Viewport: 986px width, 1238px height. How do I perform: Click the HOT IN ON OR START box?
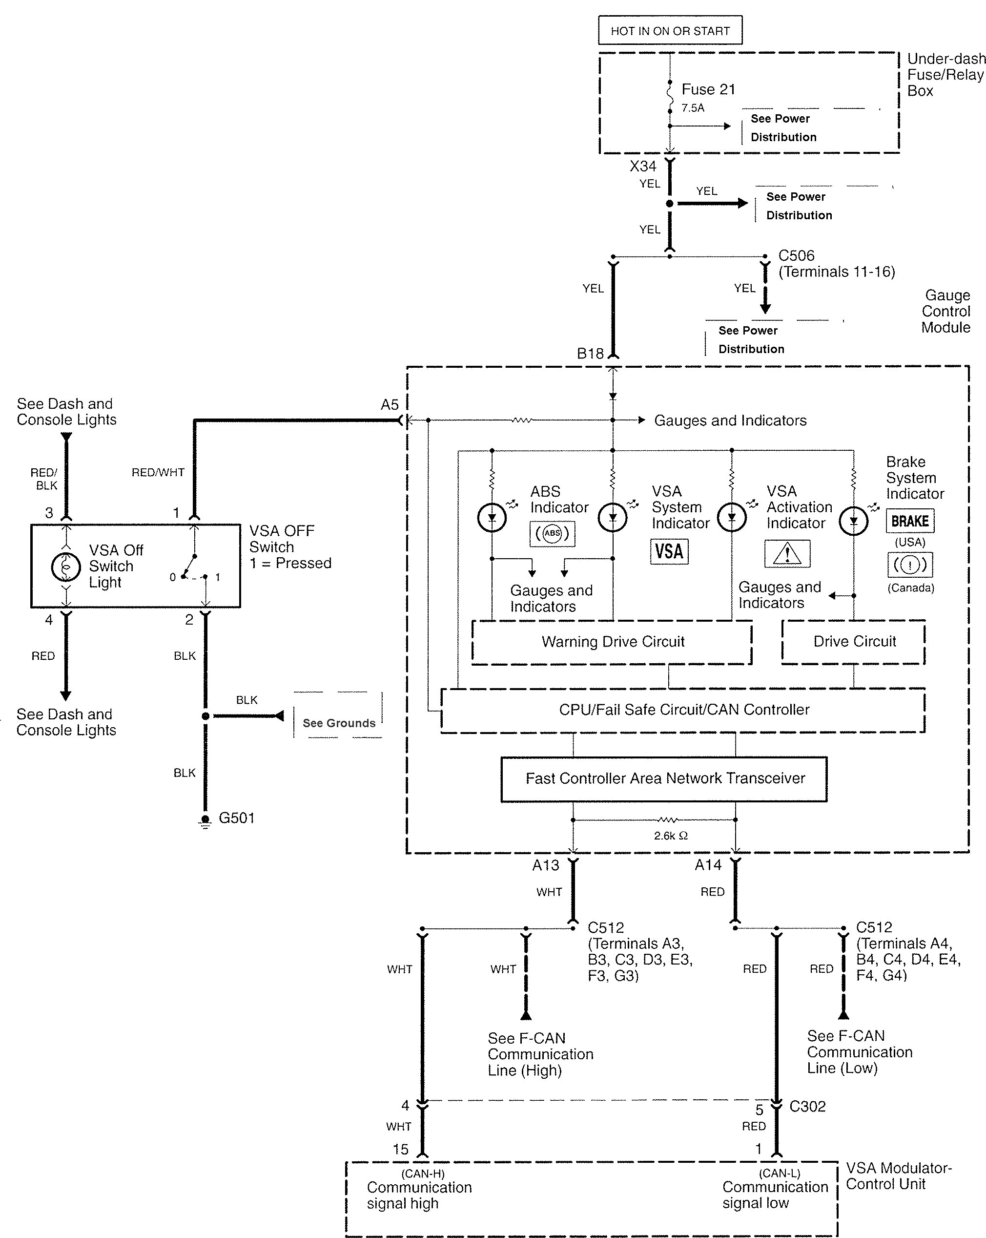(x=670, y=31)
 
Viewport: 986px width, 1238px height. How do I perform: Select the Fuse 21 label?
(x=708, y=89)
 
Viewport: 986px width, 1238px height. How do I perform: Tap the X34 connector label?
(x=642, y=167)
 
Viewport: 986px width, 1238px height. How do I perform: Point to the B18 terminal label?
(x=590, y=354)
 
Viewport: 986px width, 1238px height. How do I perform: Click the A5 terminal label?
(x=389, y=405)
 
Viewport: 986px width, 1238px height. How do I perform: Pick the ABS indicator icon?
(x=552, y=533)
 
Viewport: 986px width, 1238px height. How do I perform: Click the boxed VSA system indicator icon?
(x=669, y=551)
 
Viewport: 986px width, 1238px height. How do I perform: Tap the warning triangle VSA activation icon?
(x=787, y=553)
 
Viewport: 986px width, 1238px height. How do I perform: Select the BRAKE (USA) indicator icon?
(x=910, y=521)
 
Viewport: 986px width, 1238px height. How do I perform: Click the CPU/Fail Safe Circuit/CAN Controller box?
(x=683, y=710)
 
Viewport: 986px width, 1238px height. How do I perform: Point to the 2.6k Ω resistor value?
(x=670, y=836)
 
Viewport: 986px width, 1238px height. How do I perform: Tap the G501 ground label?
(x=236, y=818)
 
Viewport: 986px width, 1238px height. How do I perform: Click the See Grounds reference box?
(x=339, y=723)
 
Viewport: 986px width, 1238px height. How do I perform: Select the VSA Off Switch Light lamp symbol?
(x=66, y=567)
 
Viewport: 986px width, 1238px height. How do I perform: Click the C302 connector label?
(x=807, y=1107)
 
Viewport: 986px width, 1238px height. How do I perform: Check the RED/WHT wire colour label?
(x=158, y=473)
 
